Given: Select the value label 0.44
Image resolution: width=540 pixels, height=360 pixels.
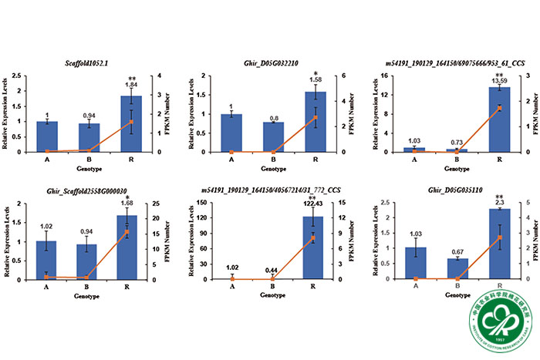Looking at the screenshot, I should coord(272,271).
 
